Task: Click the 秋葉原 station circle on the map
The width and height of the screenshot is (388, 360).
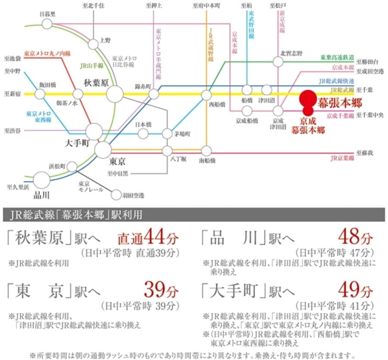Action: tap(115, 94)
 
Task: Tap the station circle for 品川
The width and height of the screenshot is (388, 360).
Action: tap(42, 180)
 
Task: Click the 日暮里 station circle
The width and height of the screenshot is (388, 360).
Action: tap(47, 24)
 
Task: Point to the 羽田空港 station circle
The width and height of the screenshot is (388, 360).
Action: tap(116, 195)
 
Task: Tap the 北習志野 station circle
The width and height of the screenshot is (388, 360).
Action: tap(279, 62)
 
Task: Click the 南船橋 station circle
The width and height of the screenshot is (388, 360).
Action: tap(207, 151)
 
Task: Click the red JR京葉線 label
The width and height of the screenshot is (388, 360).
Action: tap(342, 158)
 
